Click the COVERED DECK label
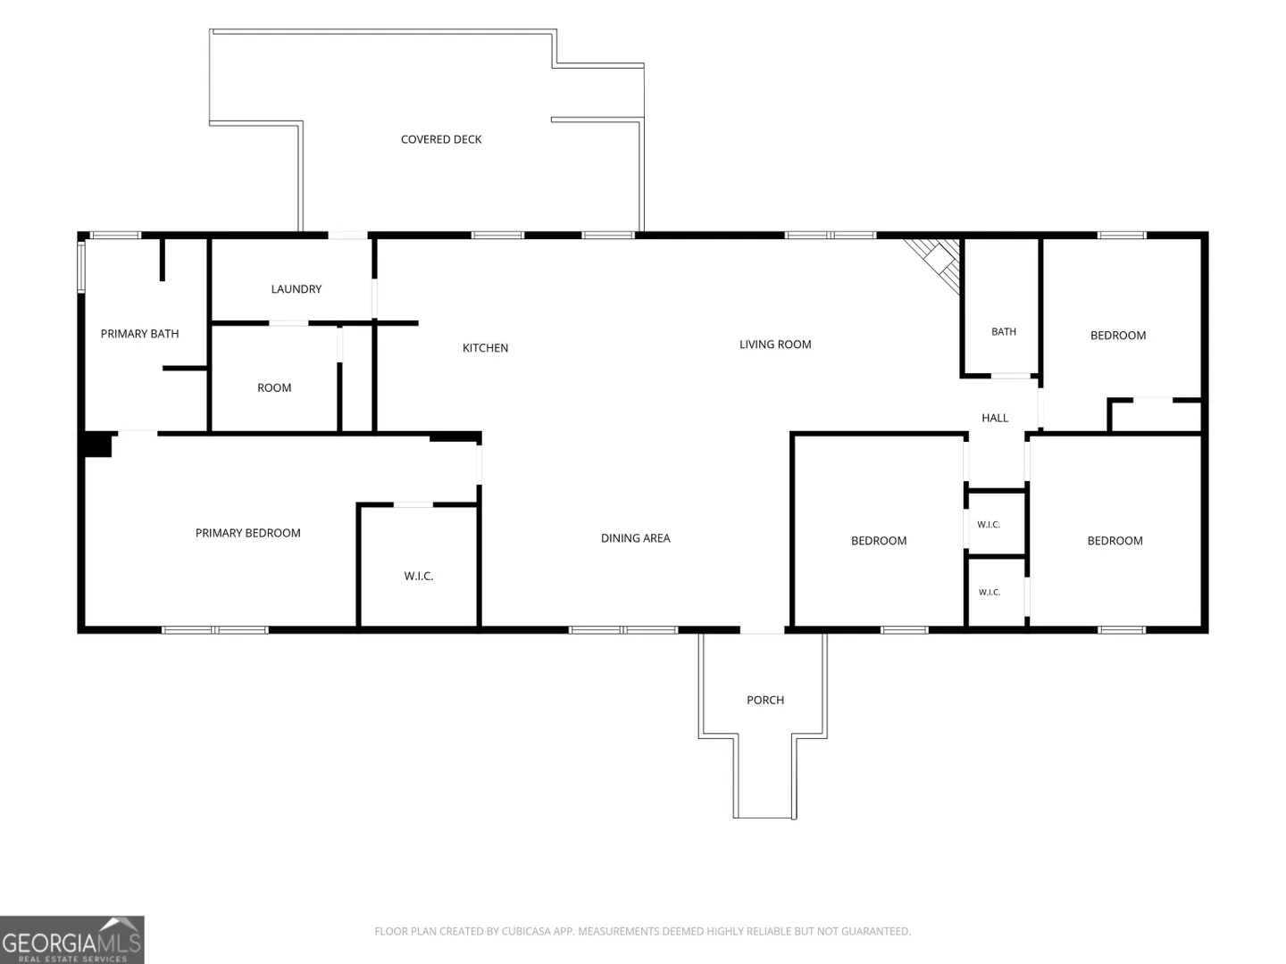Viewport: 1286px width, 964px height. [x=440, y=139]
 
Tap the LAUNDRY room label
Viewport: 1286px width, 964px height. [x=296, y=289]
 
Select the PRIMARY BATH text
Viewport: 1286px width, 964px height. [x=139, y=334]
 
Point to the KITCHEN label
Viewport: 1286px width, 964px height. [x=485, y=348]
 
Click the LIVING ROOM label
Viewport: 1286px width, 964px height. [x=774, y=345]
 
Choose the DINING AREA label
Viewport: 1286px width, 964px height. [x=635, y=538]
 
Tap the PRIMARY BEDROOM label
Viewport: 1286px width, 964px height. [x=248, y=533]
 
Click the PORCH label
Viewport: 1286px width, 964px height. [x=765, y=700]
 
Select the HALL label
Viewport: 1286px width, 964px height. [x=995, y=418]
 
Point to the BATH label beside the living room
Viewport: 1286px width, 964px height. [x=1003, y=332]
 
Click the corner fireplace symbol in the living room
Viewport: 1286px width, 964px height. [x=934, y=264]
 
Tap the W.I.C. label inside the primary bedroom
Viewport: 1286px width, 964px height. [x=418, y=576]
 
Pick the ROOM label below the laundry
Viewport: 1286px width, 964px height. [x=274, y=387]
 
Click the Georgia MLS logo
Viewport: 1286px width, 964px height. [x=72, y=940]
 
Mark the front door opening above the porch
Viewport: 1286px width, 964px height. [x=762, y=630]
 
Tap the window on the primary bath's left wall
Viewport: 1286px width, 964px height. [x=81, y=267]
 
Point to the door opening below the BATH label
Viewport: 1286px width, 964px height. [x=1011, y=376]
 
